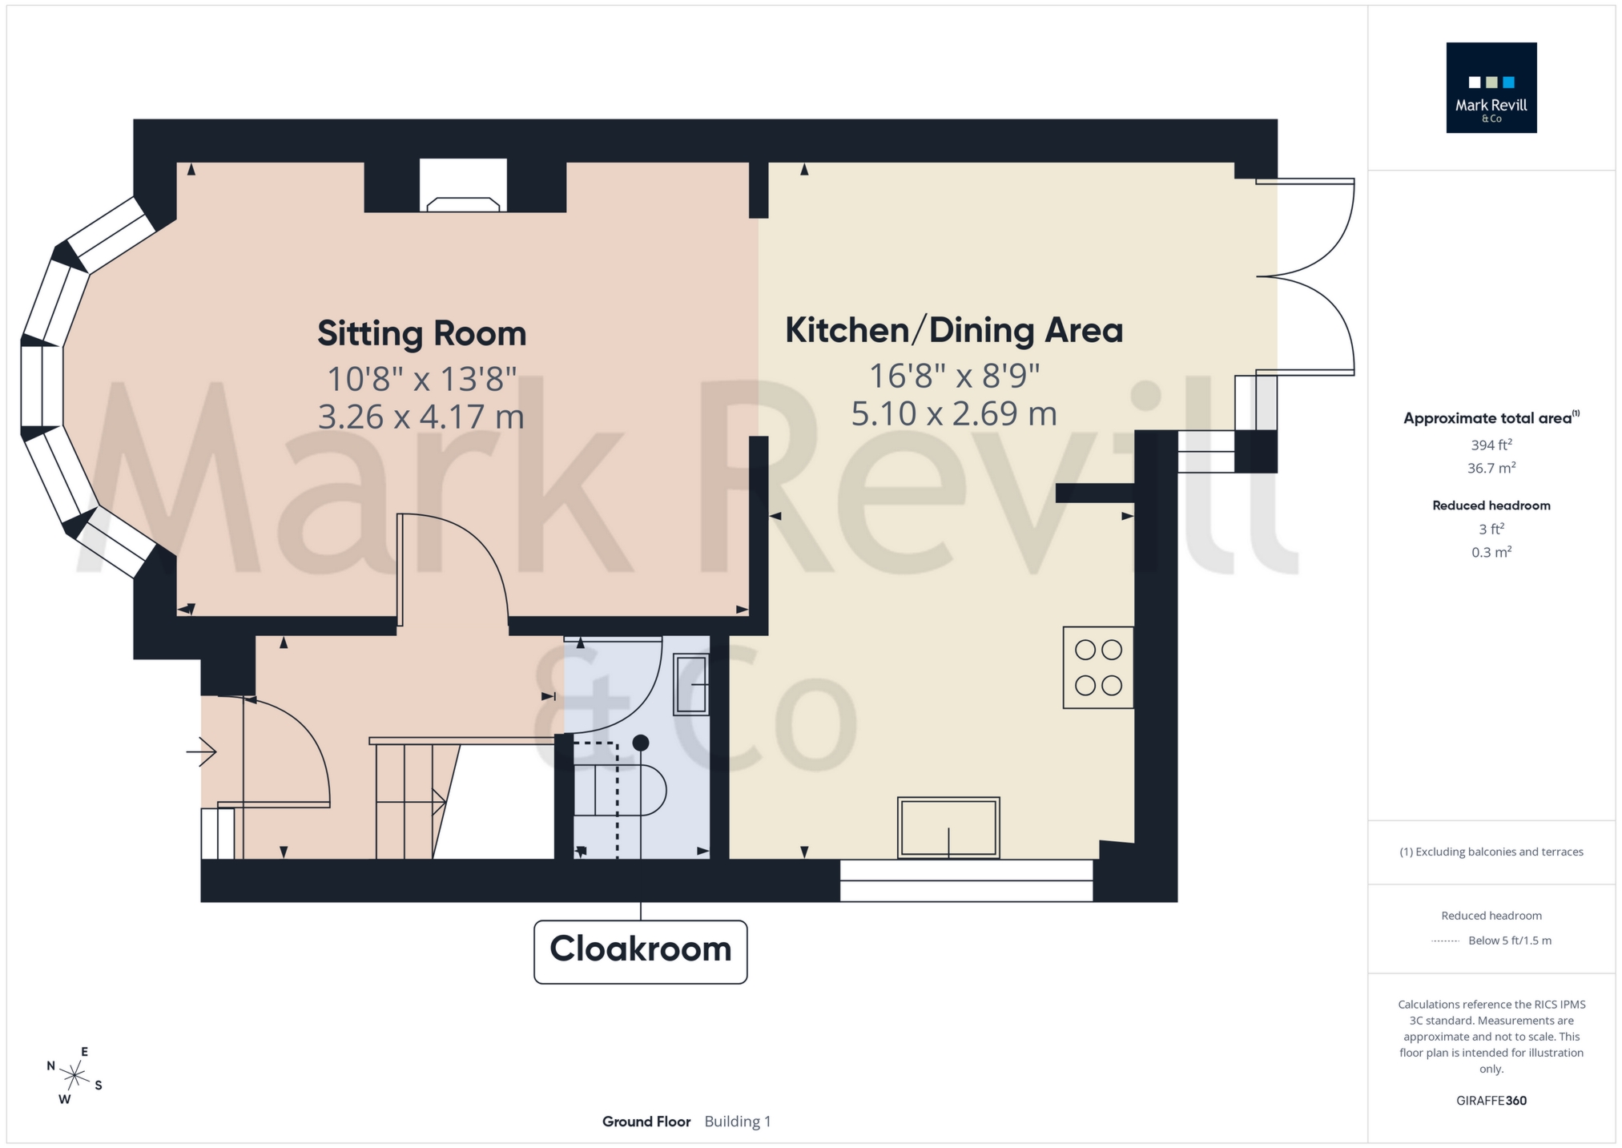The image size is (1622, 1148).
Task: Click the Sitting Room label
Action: (421, 333)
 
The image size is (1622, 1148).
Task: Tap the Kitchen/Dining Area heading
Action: (953, 330)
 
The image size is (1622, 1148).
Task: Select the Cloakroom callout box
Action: (640, 950)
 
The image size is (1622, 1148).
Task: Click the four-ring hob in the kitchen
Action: (1097, 667)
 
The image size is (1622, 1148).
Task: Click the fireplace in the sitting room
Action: (463, 187)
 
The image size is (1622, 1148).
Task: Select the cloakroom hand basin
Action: (691, 684)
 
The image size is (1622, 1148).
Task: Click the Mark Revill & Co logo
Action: (1491, 88)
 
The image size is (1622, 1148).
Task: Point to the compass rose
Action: (74, 1075)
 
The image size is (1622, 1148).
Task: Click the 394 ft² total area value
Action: (1491, 445)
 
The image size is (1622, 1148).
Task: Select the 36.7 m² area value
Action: (1491, 468)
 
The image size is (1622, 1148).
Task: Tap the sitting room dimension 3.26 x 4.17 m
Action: (421, 417)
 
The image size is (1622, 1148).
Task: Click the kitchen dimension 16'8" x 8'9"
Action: (953, 375)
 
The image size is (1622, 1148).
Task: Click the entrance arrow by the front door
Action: (202, 751)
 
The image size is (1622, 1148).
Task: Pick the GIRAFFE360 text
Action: (1491, 1101)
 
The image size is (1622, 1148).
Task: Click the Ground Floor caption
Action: (646, 1122)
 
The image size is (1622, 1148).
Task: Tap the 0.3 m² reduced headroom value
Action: (1491, 552)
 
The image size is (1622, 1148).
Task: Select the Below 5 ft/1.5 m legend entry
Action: (1509, 941)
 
